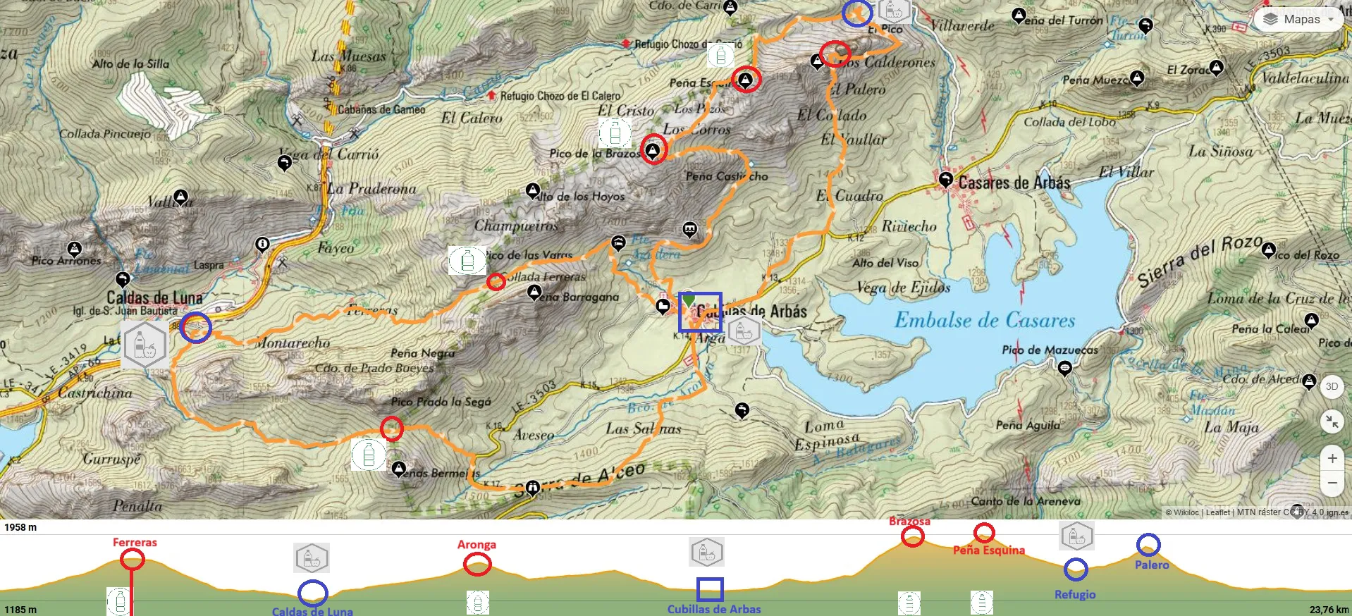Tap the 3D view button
(x=1332, y=386)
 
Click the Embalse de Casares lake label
(x=985, y=320)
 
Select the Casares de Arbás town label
(x=1014, y=183)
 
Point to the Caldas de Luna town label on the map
(x=154, y=297)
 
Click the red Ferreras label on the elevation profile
(x=135, y=542)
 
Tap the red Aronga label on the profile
(x=477, y=544)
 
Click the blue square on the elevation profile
(x=709, y=589)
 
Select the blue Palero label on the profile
(x=1151, y=565)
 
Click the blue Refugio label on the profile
(x=1074, y=594)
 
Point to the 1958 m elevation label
(x=20, y=527)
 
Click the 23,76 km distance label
(x=1329, y=610)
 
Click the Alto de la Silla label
(x=130, y=63)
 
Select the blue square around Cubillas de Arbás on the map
(x=699, y=312)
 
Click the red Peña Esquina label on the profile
(x=988, y=550)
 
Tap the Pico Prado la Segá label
(x=441, y=402)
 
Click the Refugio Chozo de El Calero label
(x=560, y=96)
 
